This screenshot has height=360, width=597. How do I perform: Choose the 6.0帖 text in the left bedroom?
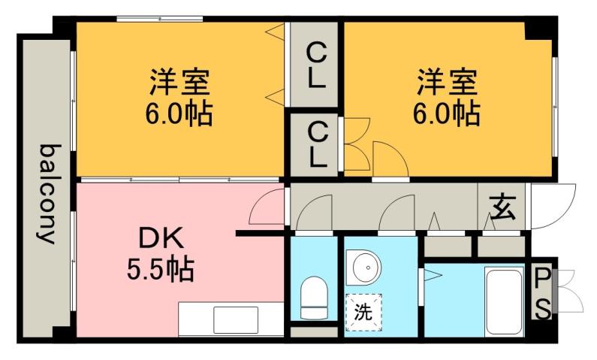coord(178,113)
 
